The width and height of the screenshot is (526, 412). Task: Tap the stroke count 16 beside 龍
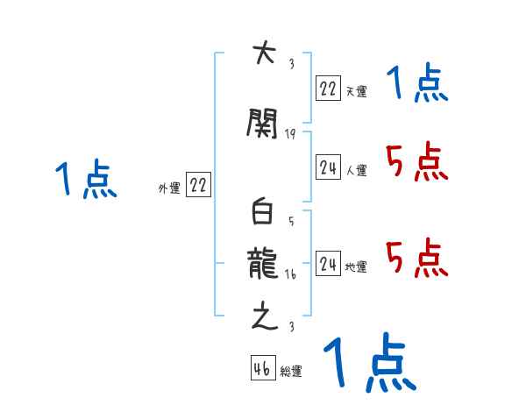pyautogui.click(x=290, y=274)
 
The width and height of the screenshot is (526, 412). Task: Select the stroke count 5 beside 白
pyautogui.click(x=290, y=222)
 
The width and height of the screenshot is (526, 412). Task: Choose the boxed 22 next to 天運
pyautogui.click(x=329, y=89)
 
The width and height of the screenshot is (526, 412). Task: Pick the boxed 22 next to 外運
pyautogui.click(x=199, y=185)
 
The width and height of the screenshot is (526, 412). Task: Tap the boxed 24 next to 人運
pyautogui.click(x=329, y=167)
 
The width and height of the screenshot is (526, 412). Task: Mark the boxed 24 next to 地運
pyautogui.click(x=329, y=264)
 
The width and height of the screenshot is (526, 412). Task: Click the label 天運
pyautogui.click(x=356, y=91)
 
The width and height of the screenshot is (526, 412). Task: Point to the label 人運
pyautogui.click(x=356, y=171)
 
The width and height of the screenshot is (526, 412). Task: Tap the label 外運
pyautogui.click(x=168, y=188)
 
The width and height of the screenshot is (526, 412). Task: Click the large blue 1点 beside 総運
pyautogui.click(x=369, y=362)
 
